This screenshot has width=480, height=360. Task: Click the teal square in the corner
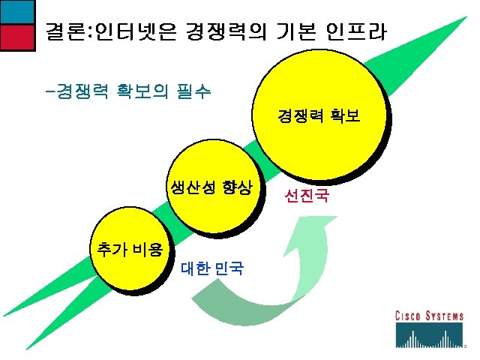tap(16, 11)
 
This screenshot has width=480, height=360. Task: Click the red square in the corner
tap(16, 35)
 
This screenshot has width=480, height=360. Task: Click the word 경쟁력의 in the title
tap(233, 32)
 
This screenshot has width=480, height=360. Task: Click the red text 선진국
tap(305, 197)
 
